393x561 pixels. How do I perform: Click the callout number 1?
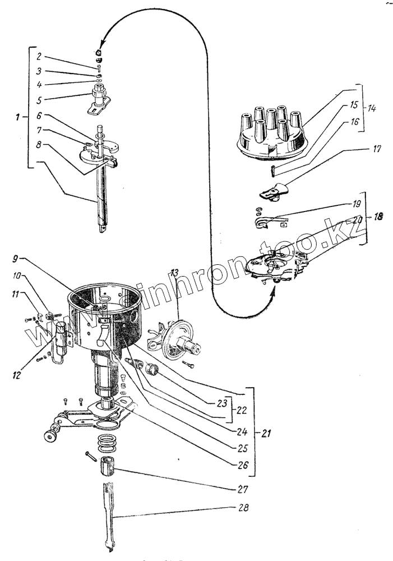pyautogui.click(x=19, y=118)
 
